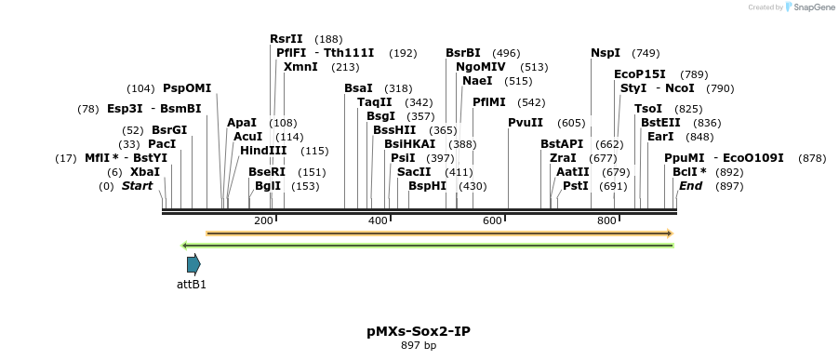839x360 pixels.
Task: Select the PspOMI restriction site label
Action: click(187, 88)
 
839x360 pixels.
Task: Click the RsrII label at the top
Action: click(286, 39)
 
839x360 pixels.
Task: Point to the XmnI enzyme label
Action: click(300, 67)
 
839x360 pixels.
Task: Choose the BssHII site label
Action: click(394, 130)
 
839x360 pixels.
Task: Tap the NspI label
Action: click(605, 53)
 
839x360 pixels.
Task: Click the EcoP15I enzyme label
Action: click(640, 74)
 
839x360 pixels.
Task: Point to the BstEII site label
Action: click(660, 123)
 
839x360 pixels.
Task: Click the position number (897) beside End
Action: click(728, 186)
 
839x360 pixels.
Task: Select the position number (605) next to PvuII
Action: click(571, 123)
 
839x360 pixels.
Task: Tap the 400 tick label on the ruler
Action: click(379, 220)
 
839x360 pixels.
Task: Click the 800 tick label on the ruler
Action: click(606, 220)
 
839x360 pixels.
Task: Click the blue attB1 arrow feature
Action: click(193, 264)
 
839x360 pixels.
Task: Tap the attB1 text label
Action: click(192, 284)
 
